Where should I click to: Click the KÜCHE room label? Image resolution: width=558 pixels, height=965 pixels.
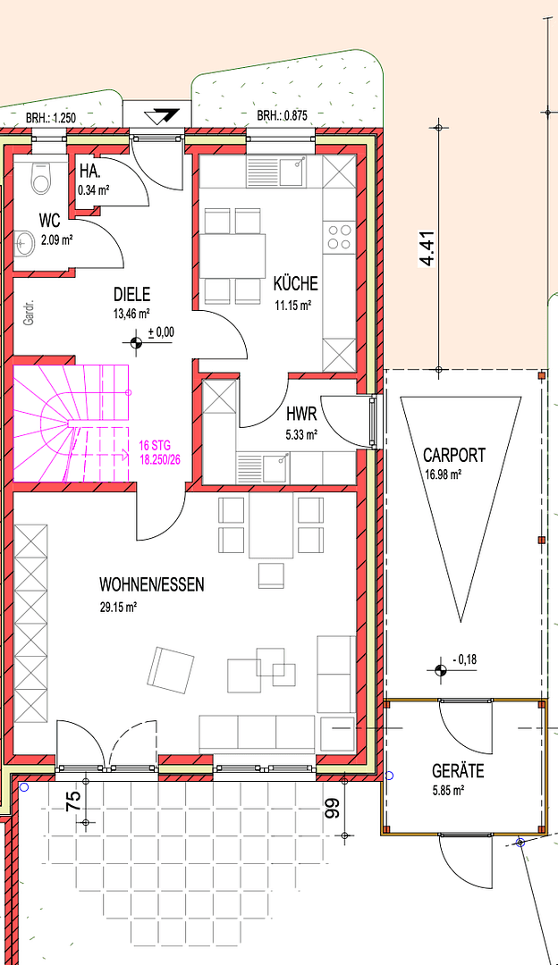click(x=295, y=285)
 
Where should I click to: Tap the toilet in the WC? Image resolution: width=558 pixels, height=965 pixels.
click(x=40, y=178)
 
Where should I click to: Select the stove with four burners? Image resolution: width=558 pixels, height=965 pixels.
click(x=339, y=237)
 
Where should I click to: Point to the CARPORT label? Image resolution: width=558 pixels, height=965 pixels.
click(x=454, y=455)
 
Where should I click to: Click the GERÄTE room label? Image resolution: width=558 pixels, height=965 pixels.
click(x=459, y=771)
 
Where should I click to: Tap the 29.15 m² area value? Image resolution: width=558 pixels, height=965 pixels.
click(x=118, y=607)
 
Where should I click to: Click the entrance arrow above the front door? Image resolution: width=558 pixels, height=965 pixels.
click(x=165, y=115)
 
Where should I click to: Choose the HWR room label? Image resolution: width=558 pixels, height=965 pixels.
click(x=301, y=415)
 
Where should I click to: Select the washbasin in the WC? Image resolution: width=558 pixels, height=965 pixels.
click(x=26, y=239)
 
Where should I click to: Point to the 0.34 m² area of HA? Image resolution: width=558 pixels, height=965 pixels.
click(x=93, y=189)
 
